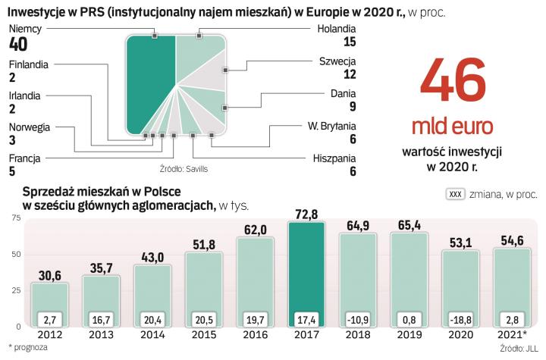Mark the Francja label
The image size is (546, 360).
(24, 158)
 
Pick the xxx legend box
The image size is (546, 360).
(456, 194)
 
